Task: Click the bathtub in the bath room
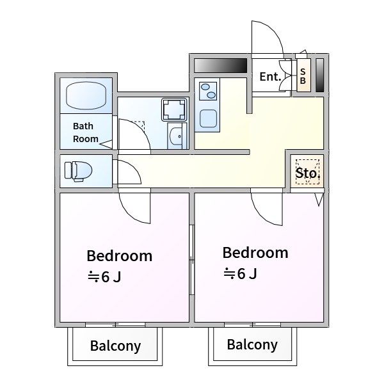(86, 95)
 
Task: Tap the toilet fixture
(78, 171)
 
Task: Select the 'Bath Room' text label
(86, 132)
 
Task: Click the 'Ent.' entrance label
(270, 77)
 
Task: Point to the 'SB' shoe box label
(303, 76)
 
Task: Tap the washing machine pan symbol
(174, 109)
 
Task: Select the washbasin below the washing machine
(177, 136)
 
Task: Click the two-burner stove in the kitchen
(208, 91)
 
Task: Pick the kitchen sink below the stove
(208, 118)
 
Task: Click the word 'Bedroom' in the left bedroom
(120, 256)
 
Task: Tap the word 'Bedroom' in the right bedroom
(255, 253)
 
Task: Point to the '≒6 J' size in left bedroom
(104, 277)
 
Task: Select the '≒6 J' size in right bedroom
(240, 273)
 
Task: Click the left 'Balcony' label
(115, 346)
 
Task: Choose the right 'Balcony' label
(252, 344)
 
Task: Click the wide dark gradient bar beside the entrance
(220, 65)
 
